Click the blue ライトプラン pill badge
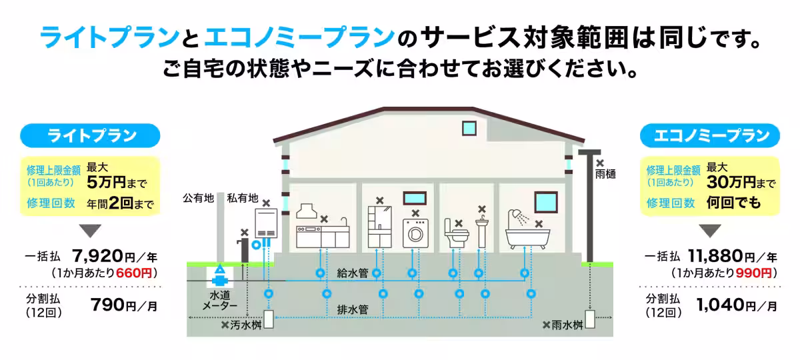coord(90,136)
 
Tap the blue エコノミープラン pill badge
coord(709,136)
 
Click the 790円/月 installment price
coord(124,305)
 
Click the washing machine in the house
coord(415,233)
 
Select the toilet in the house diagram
coord(455,234)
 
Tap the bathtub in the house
coord(527,238)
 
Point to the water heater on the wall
coord(266,223)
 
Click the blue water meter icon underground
coord(219,275)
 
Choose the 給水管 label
coord(353,273)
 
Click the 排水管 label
coord(353,309)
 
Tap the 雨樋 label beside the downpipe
coord(605,174)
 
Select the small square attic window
coord(469,129)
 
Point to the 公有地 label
coord(198,198)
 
